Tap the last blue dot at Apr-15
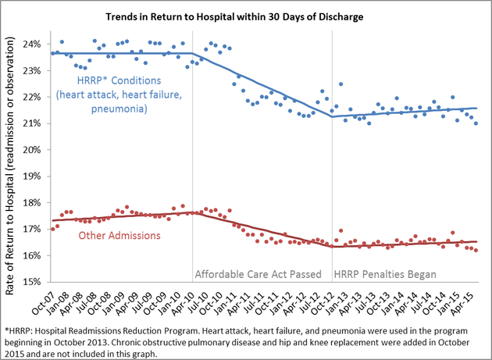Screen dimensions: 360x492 pos(476,123)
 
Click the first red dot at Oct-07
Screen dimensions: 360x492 pos(52,229)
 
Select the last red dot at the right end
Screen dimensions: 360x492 pos(476,250)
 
